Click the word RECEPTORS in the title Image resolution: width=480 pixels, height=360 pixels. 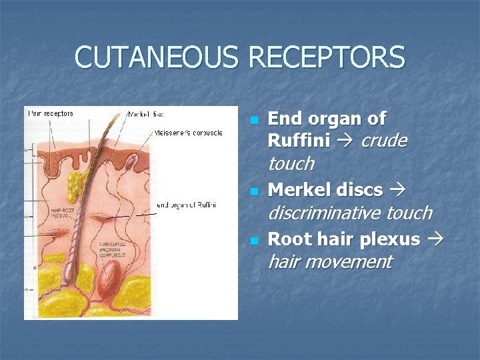tap(326, 58)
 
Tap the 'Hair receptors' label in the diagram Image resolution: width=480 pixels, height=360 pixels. tap(51, 113)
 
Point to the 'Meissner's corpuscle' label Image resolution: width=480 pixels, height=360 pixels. tap(188, 133)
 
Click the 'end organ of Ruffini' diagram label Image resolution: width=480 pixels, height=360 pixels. tap(186, 205)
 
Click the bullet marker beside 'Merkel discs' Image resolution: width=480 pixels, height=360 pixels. tap(253, 192)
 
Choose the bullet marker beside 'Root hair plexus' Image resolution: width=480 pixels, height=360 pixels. tap(253, 241)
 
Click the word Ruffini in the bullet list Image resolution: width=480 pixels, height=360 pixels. tap(299, 141)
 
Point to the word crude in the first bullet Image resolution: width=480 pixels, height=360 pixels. tap(383, 141)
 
